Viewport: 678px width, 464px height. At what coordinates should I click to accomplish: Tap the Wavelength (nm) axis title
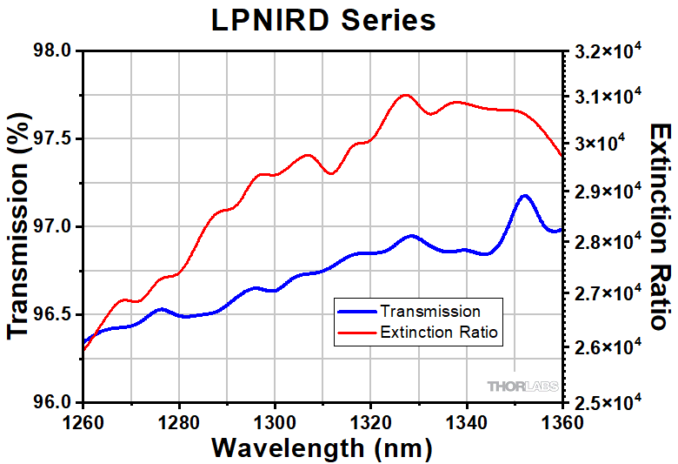tap(322, 447)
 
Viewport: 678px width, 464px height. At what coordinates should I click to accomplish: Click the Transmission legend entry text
tap(430, 311)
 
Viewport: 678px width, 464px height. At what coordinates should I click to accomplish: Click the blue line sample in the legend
tap(358, 311)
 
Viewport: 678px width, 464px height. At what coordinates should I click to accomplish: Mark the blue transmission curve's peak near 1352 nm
tap(524, 196)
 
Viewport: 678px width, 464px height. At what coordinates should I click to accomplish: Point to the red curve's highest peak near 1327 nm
tap(404, 95)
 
